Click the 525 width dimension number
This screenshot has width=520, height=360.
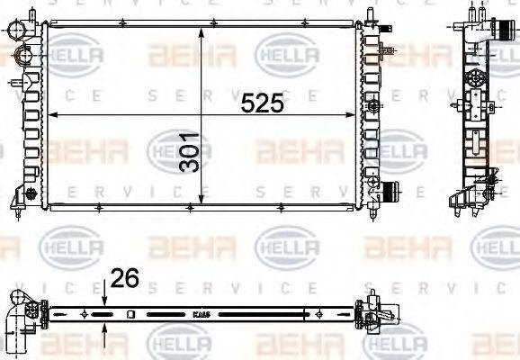click(x=263, y=103)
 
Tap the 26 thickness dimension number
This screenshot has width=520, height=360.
click(x=125, y=280)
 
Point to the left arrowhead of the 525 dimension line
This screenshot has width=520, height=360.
click(x=50, y=115)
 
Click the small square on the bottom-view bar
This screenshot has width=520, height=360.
click(x=132, y=315)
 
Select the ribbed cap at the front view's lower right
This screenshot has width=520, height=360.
click(x=390, y=193)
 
